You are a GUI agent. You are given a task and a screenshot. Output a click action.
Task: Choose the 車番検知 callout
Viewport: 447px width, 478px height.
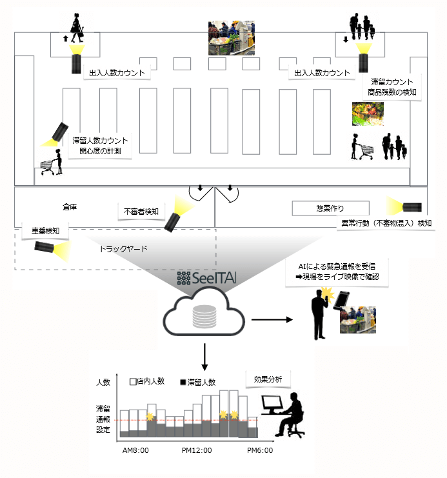pyautogui.click(x=41, y=230)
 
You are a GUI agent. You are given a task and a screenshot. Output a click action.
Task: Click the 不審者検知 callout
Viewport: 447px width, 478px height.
pyautogui.click(x=143, y=210)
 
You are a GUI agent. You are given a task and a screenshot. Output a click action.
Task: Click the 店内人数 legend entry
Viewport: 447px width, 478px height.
pyautogui.click(x=148, y=382)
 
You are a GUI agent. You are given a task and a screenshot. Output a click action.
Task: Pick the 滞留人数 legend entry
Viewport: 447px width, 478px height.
pyautogui.click(x=201, y=382)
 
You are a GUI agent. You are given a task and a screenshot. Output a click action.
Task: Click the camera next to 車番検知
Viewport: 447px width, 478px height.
pyautogui.click(x=47, y=247)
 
